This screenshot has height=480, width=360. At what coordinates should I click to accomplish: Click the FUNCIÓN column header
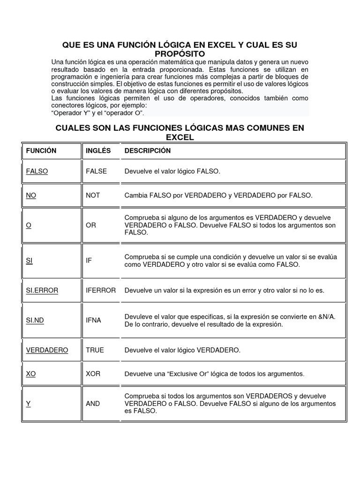click(x=41, y=151)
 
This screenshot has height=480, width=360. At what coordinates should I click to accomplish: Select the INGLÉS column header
click(x=98, y=151)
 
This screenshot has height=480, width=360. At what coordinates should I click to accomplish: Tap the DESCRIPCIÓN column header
click(x=148, y=151)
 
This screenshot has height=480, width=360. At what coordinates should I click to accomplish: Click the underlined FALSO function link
click(x=37, y=172)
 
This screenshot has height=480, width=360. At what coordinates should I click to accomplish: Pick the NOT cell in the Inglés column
click(x=93, y=195)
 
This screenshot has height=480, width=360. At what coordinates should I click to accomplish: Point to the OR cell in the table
click(x=91, y=225)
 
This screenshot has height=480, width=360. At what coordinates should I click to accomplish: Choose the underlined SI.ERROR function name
click(x=42, y=291)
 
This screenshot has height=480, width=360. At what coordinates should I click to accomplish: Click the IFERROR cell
click(x=101, y=291)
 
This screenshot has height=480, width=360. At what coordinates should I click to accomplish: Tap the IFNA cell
click(x=94, y=321)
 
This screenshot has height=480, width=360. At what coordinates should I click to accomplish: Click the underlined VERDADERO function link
click(x=47, y=350)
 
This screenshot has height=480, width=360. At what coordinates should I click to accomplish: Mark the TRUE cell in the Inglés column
click(x=95, y=350)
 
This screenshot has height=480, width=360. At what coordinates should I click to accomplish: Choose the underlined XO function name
click(x=31, y=374)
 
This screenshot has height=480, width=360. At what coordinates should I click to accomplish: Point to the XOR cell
click(x=93, y=374)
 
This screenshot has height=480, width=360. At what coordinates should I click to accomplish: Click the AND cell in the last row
click(x=93, y=404)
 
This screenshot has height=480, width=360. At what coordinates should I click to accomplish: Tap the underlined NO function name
click(x=31, y=195)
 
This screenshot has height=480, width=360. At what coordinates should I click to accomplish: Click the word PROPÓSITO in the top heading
click(x=180, y=54)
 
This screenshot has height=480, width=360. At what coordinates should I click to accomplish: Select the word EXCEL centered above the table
click(x=180, y=137)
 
